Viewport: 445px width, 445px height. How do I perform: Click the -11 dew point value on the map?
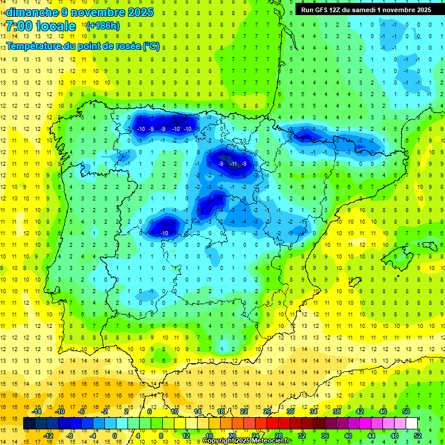(234, 164)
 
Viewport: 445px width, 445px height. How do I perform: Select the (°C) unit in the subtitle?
(151, 46)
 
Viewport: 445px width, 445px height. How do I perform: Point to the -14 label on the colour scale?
(37, 411)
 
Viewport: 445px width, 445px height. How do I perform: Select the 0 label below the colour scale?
(115, 436)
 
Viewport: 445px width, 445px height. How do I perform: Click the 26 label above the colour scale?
(267, 411)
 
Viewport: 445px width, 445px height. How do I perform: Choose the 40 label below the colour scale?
(348, 436)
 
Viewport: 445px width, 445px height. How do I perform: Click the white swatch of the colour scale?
(412, 424)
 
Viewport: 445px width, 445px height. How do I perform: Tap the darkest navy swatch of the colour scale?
(29, 424)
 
